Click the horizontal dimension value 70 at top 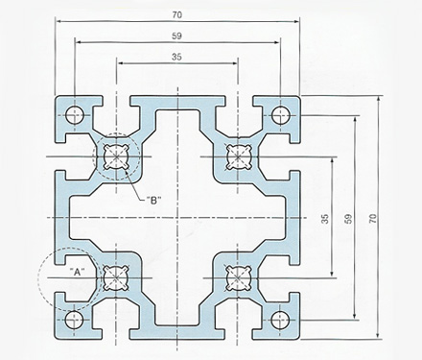point(176,14)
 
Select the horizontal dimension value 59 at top point(176,36)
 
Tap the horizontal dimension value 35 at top point(176,57)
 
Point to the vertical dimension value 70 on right point(373,218)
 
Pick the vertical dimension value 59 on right point(349,218)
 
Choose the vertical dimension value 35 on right point(325,219)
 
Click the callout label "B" point(153,201)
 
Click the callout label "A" point(78,272)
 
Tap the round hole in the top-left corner point(75,115)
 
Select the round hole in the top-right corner point(280,115)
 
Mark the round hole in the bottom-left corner point(74,320)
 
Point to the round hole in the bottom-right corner point(280,320)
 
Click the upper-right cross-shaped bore point(238,156)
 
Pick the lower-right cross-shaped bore point(237,277)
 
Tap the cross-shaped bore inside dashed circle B point(116,156)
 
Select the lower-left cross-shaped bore point(116,277)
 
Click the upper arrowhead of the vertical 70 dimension point(379,99)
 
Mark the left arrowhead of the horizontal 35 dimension point(122,63)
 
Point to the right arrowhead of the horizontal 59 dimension point(277,42)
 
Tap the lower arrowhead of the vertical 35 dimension point(332,273)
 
